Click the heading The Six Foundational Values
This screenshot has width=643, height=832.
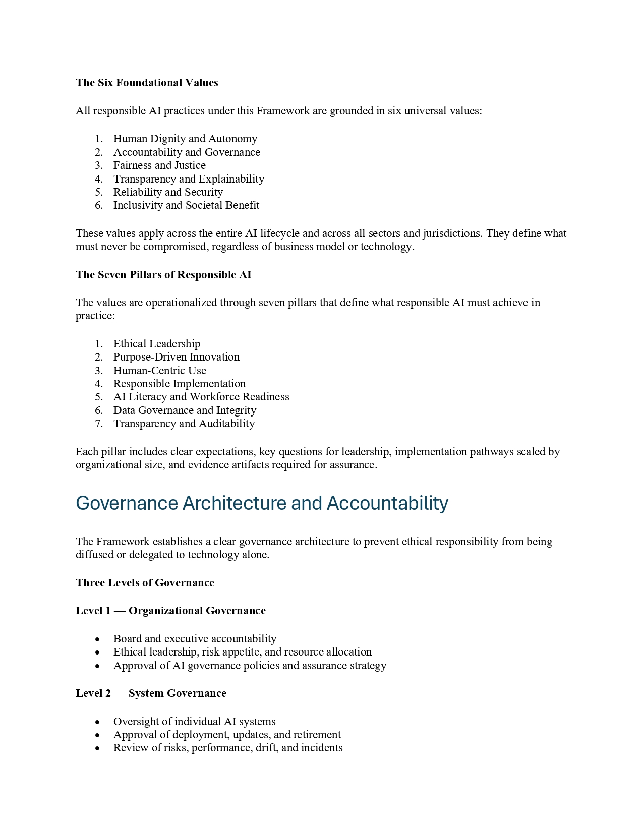point(147,83)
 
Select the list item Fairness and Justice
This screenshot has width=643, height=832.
point(159,165)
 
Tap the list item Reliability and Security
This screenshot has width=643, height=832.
point(168,192)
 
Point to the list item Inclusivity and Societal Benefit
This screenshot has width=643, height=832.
point(186,205)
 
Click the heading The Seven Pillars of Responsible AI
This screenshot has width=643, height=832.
point(163,275)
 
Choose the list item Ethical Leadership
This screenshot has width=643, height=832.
point(156,344)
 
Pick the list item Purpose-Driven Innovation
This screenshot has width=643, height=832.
point(176,357)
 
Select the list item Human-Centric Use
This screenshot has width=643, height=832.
point(159,371)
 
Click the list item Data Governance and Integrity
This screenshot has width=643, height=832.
point(185,410)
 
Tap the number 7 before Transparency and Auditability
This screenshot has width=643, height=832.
point(98,424)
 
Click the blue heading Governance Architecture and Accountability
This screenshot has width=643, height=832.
point(262,503)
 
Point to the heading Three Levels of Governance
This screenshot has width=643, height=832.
point(145,583)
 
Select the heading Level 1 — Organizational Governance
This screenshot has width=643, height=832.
point(170,611)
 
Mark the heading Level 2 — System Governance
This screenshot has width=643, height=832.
point(151,693)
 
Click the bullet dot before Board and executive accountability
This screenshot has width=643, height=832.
point(97,639)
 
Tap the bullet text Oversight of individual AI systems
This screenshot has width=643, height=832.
point(194,722)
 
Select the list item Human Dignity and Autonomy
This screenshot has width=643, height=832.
point(185,139)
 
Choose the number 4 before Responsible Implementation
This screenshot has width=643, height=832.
point(98,384)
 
